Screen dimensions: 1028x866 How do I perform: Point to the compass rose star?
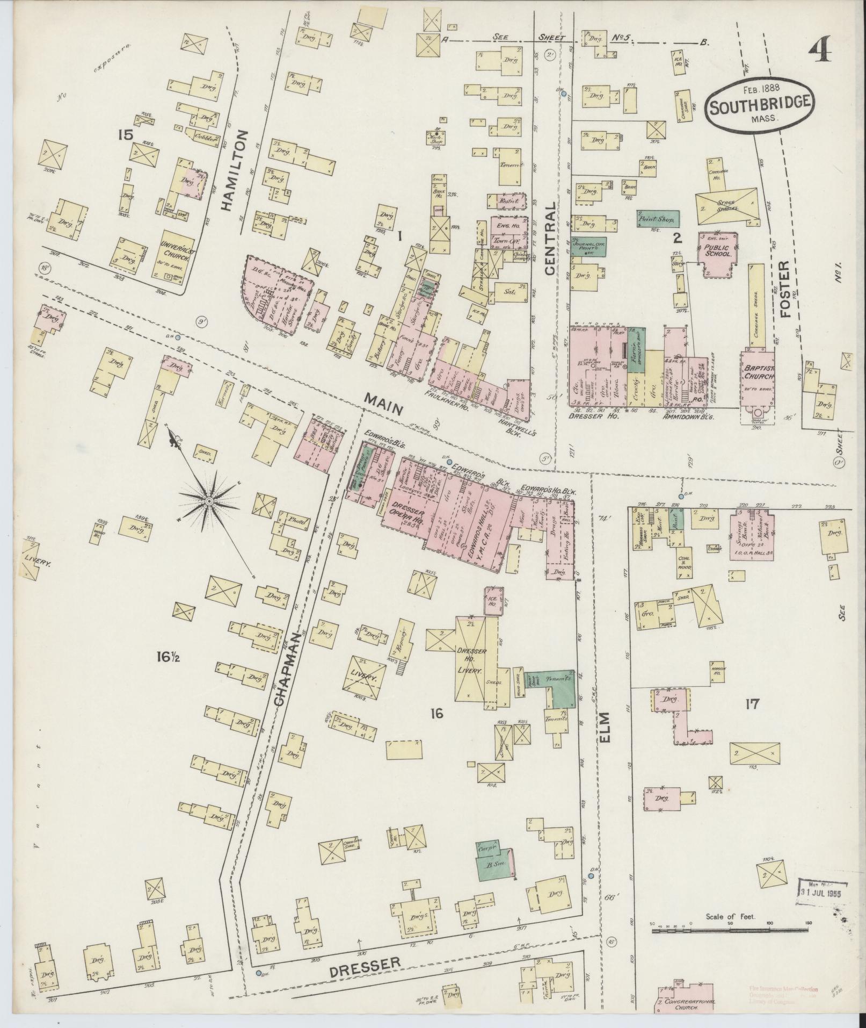208,501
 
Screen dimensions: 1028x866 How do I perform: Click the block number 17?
752,704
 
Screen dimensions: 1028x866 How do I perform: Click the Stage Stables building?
726,206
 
